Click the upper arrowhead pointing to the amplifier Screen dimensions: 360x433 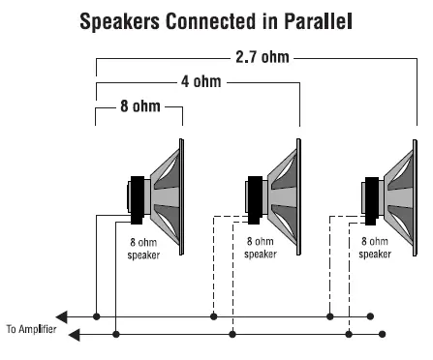coord(64,316)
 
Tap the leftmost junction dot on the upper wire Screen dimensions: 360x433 coord(97,316)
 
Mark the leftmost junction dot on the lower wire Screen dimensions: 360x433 coord(116,334)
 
